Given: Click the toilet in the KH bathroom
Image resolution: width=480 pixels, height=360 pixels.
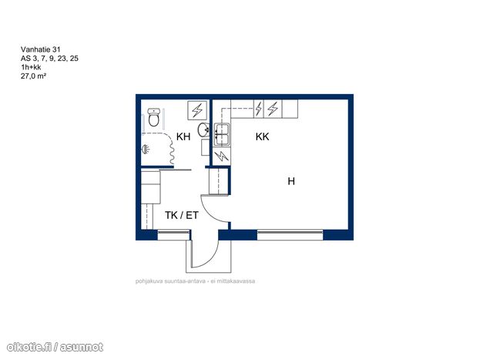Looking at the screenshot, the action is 153,117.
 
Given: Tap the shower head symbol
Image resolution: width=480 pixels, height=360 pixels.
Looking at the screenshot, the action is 146,150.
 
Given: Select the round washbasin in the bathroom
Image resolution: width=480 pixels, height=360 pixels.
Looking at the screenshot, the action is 203,130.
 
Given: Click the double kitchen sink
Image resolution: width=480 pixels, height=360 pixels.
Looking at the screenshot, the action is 222,134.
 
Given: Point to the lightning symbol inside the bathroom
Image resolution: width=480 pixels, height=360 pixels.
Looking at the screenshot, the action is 197,109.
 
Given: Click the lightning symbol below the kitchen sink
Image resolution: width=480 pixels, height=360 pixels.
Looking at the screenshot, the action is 221,156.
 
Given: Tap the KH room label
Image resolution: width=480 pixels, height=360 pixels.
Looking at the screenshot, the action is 183,136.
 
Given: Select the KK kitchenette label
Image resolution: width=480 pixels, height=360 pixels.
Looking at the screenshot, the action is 263,136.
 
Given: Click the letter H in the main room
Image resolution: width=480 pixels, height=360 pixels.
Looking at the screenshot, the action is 291,181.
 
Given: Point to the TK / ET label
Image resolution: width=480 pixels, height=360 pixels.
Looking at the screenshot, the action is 182,215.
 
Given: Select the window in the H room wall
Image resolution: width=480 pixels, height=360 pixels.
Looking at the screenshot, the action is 290,235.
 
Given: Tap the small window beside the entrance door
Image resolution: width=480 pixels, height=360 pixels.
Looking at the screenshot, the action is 173,235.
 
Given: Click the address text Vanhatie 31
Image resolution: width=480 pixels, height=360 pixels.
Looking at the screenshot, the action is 40,49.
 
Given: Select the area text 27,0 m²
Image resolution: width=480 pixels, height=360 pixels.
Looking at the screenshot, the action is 33,76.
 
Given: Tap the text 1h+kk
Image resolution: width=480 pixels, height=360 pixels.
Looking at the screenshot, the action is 31,67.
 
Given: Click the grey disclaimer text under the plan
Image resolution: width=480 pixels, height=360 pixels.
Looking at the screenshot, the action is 195,281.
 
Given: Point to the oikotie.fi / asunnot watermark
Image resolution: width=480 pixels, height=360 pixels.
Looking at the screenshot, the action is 55,347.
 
